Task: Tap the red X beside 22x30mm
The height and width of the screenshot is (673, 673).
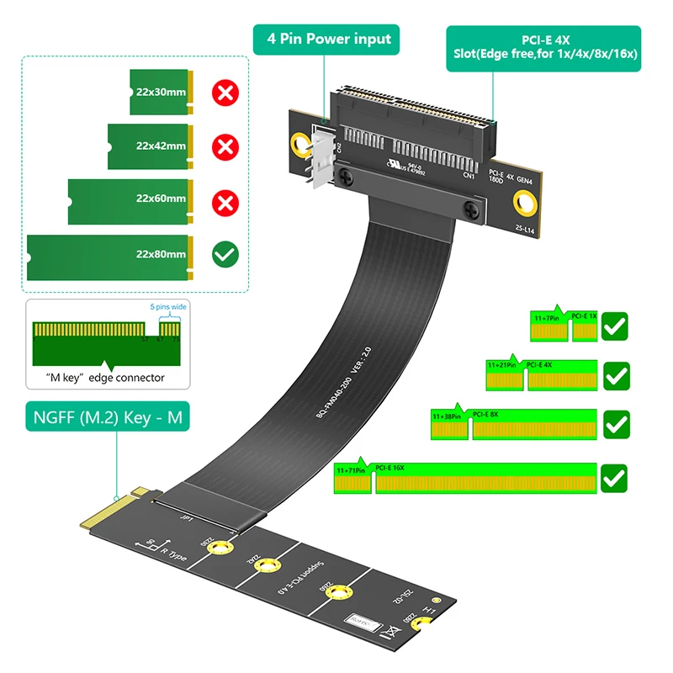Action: click(x=225, y=93)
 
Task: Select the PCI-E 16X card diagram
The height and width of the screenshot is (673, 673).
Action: click(x=466, y=479)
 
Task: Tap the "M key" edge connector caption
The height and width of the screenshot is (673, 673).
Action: click(x=105, y=378)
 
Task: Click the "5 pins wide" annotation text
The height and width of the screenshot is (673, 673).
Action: click(x=167, y=307)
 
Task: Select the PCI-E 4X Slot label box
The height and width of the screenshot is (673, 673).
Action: click(x=543, y=47)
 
